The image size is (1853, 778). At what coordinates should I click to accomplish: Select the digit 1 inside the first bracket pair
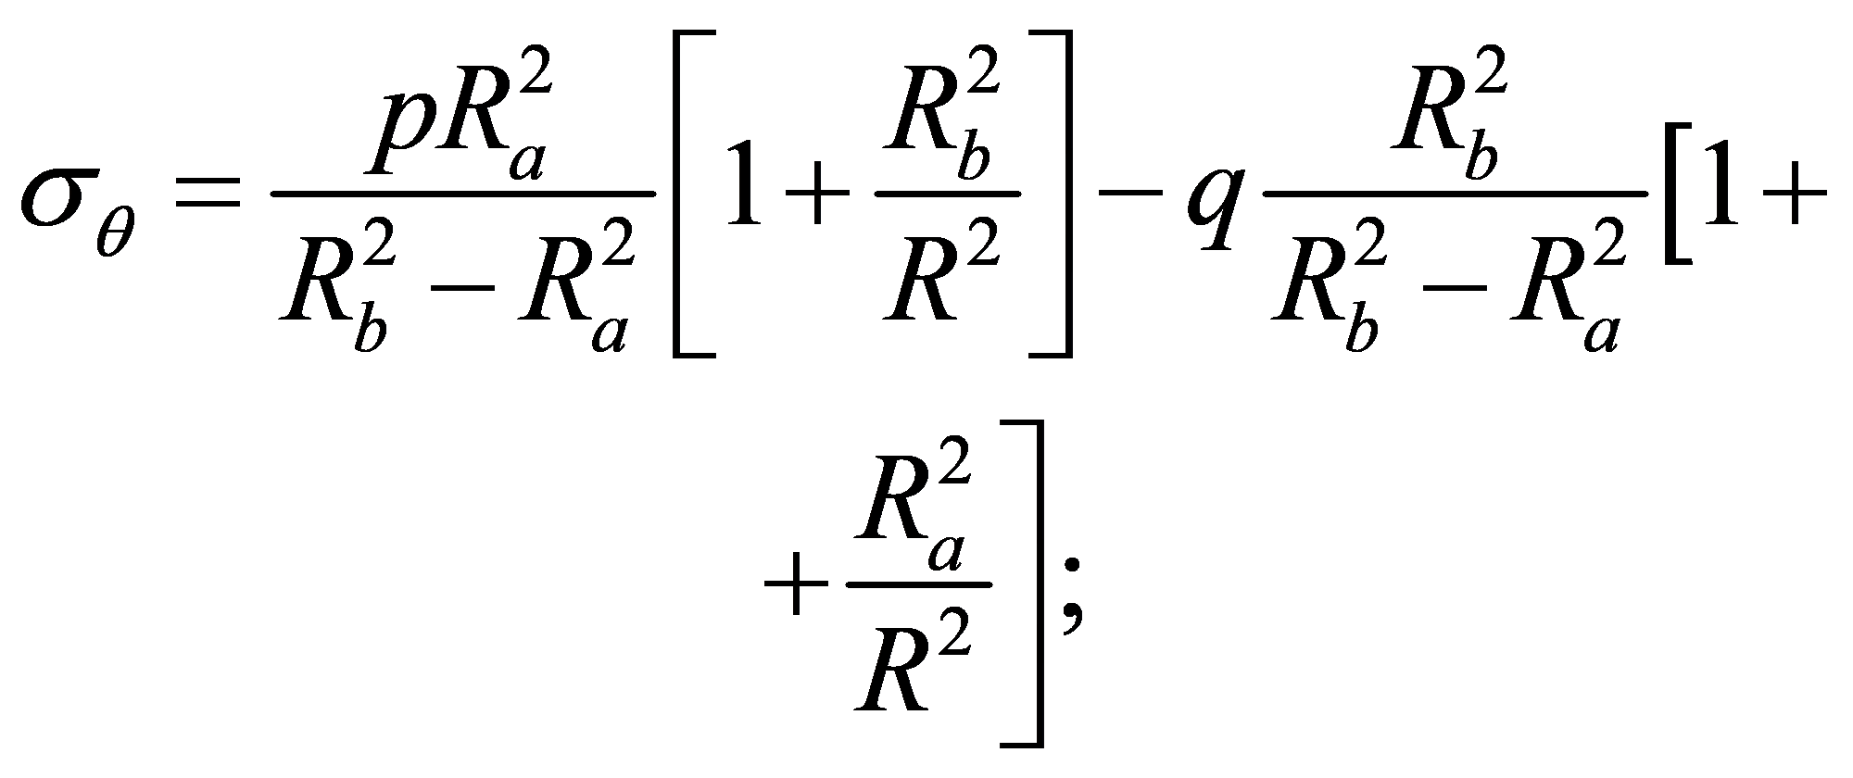click(747, 180)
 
